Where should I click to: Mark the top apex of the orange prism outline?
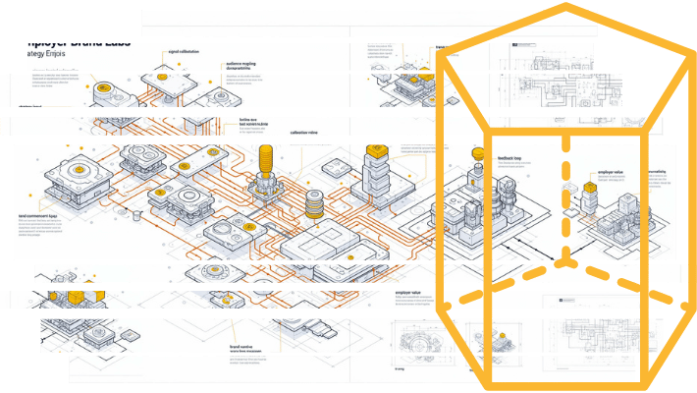tap(566, 7)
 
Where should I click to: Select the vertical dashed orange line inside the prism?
tap(565, 196)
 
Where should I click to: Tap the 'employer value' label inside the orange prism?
tap(610, 173)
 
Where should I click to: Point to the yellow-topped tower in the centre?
tap(374, 157)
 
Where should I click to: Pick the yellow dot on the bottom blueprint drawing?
tap(502, 339)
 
